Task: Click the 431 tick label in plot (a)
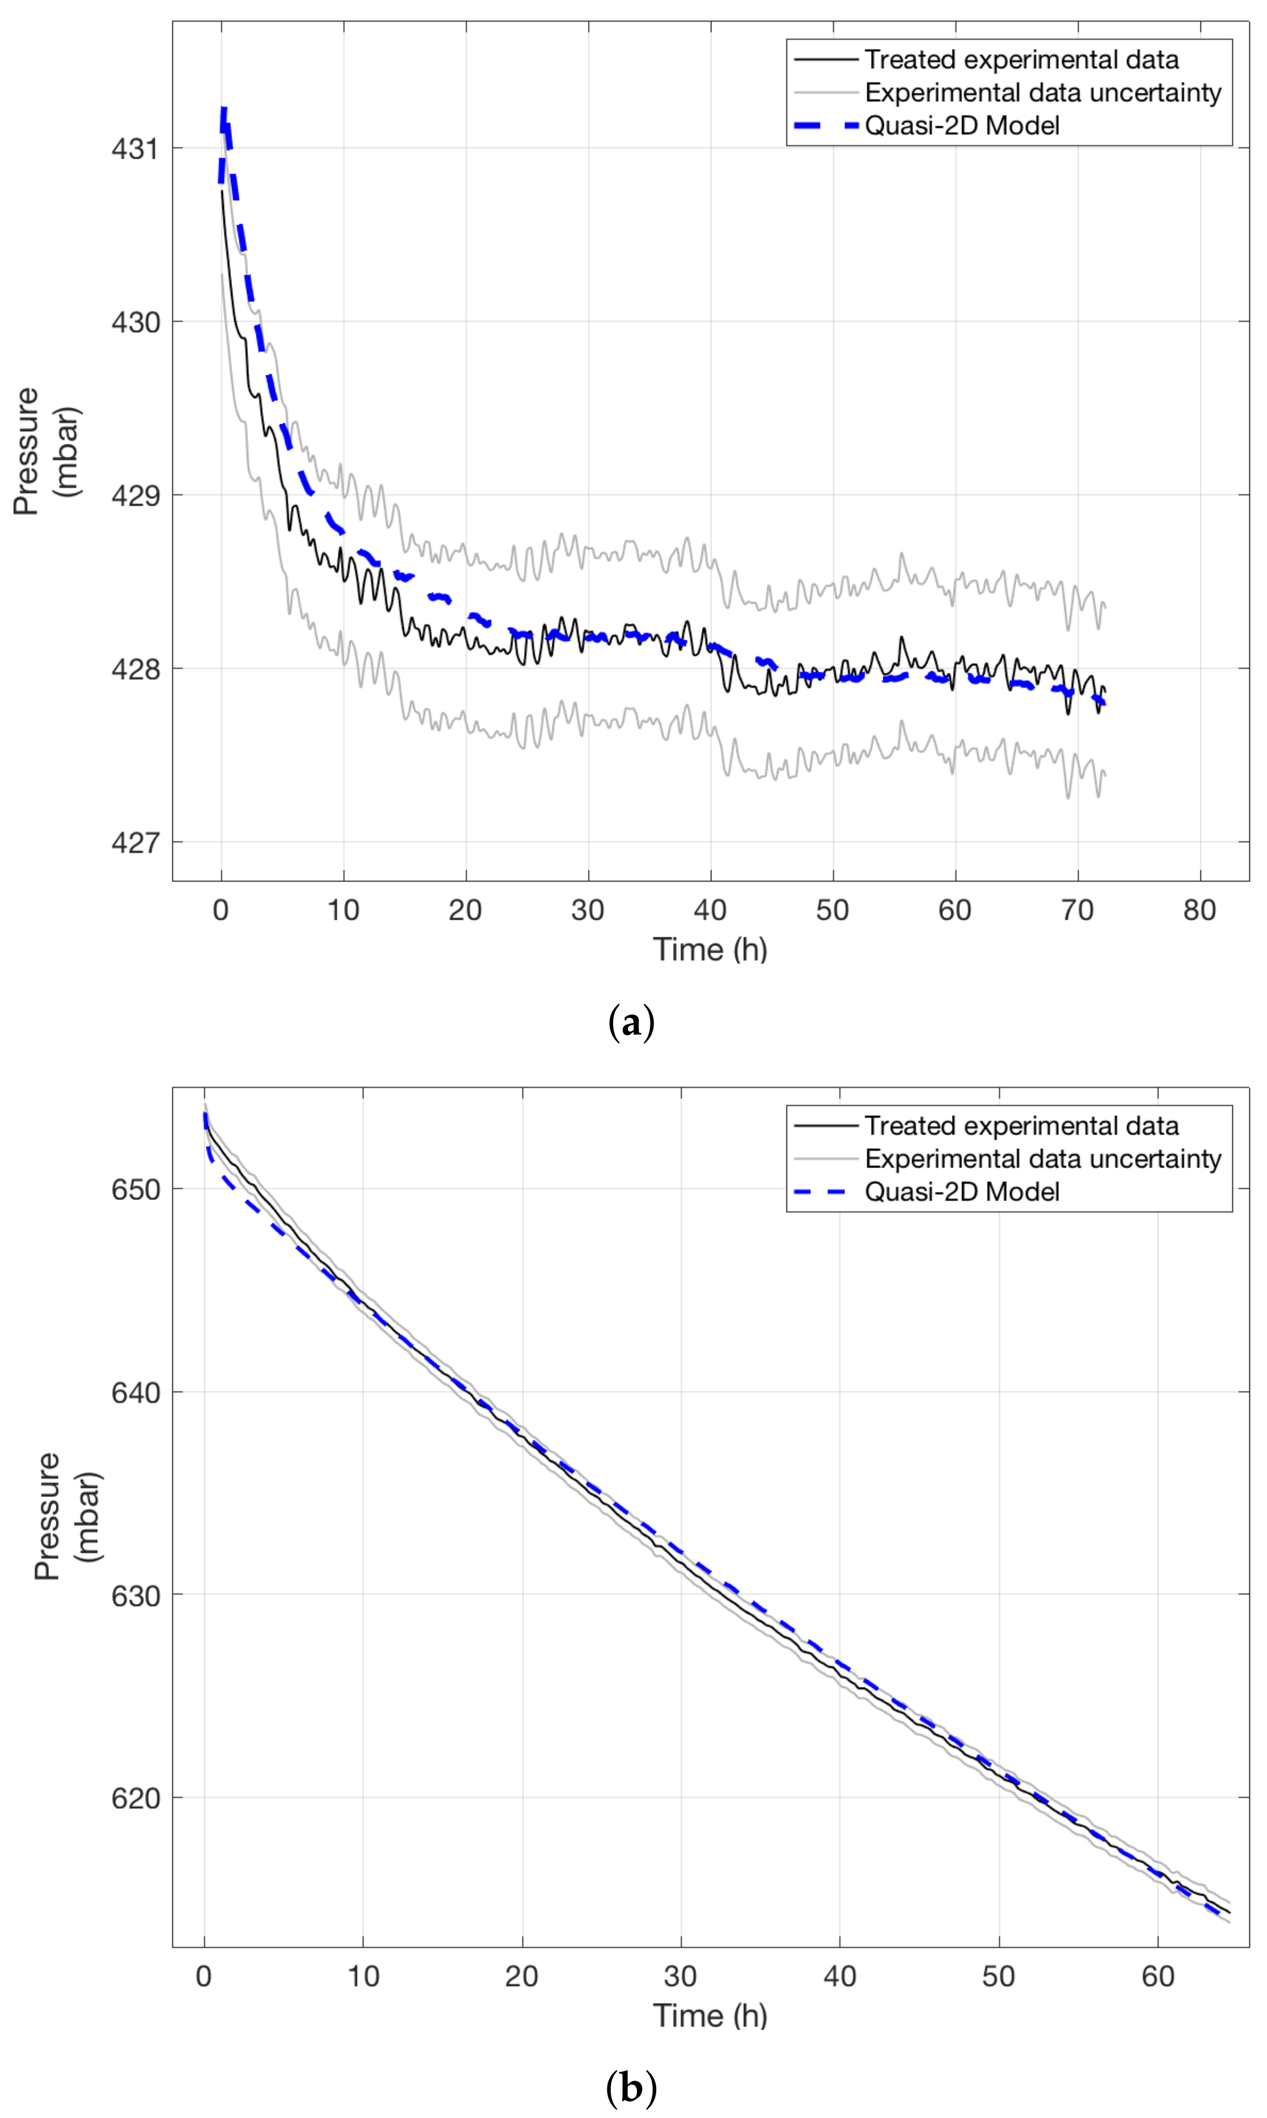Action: tap(135, 148)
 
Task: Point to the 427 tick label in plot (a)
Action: tap(135, 842)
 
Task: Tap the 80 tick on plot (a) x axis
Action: tap(1199, 910)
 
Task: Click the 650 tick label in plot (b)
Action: tap(135, 1189)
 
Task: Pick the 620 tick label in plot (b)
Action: tap(135, 1799)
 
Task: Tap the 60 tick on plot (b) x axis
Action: tap(1158, 1976)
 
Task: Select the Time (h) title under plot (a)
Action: tap(710, 949)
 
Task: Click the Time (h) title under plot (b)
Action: tap(710, 2016)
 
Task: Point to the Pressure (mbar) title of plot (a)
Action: tap(47, 451)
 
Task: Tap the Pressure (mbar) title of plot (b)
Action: tap(68, 1516)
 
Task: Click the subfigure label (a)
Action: tap(632, 1023)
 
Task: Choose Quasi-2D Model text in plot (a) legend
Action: tap(962, 126)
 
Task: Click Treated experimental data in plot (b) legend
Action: tap(1021, 1126)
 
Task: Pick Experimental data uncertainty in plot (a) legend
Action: tap(1042, 92)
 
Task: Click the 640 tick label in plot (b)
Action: tap(135, 1392)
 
